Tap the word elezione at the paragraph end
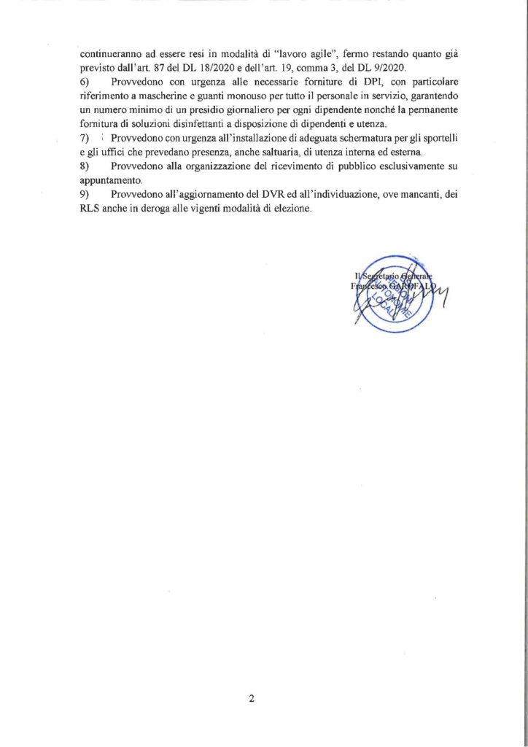290,209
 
